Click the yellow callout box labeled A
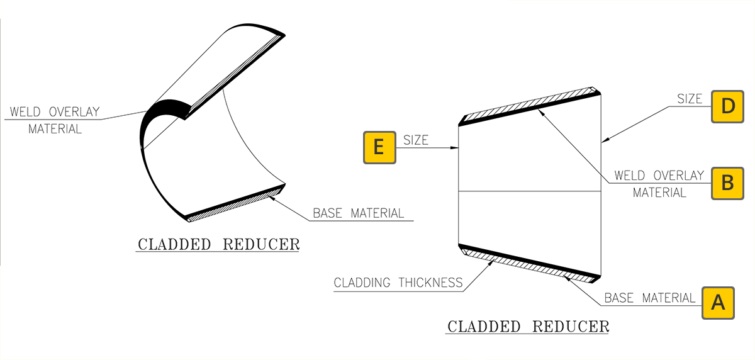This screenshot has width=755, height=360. (x=717, y=303)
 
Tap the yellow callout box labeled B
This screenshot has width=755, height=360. (x=727, y=183)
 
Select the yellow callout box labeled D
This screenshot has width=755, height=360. (x=727, y=106)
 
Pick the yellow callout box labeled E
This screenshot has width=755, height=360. (x=379, y=147)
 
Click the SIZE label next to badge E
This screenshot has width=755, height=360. (x=415, y=140)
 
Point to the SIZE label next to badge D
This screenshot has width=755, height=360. (x=690, y=99)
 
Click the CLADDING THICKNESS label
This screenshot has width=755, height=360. (x=398, y=283)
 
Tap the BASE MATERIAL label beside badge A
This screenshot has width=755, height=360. (x=650, y=298)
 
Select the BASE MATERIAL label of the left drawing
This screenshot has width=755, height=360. (x=359, y=213)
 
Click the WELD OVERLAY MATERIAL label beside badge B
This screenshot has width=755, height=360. (x=659, y=184)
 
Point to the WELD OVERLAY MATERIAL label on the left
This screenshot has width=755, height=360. (x=55, y=120)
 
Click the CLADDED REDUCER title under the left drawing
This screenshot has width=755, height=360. (x=218, y=244)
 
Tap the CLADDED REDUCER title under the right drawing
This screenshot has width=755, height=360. (x=527, y=327)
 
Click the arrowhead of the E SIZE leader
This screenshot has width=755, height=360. (x=457, y=148)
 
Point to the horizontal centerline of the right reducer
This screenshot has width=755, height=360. (x=528, y=191)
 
